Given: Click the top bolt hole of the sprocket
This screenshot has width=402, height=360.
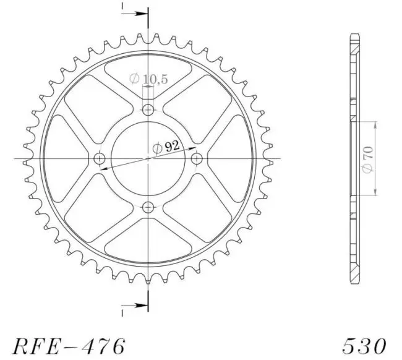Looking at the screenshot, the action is pos(148,110).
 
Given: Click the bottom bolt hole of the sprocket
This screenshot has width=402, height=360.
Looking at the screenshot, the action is pos(148,207).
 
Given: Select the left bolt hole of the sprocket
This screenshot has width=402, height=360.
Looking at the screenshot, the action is pos(100,159).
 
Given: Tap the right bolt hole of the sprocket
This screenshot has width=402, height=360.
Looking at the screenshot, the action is pos(197,159).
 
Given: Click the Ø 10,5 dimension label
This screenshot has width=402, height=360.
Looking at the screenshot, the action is pos(148,79).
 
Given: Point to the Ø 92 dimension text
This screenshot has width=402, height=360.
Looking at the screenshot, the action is pos(166,147).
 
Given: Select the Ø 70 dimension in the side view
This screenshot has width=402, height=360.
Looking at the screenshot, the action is pos(368,159).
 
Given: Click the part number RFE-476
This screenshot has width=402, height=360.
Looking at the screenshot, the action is pos(69,346).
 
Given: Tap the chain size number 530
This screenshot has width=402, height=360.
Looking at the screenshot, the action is pos(364,346).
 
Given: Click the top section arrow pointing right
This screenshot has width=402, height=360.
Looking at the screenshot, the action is pos(135,14).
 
